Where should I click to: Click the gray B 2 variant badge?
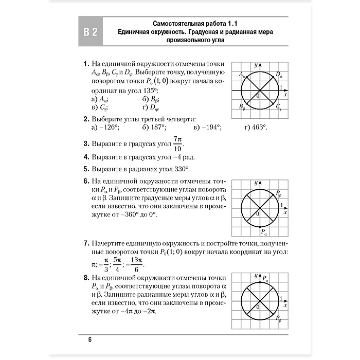tap(91, 33)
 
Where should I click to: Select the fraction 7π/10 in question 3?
tap(178, 144)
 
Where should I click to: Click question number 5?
tap(86, 169)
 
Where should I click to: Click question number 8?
tap(86, 278)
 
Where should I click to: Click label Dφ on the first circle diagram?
tap(279, 75)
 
